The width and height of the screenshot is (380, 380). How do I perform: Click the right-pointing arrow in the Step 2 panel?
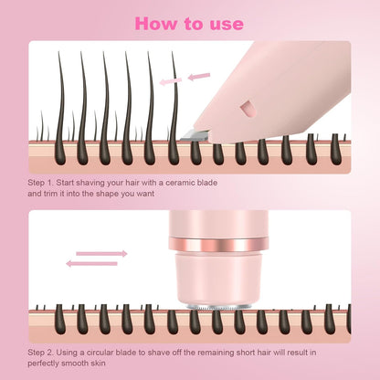(101, 253)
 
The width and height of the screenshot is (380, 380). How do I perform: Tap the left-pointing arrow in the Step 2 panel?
(91, 264)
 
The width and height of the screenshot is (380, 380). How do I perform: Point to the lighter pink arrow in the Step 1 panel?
(171, 81)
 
